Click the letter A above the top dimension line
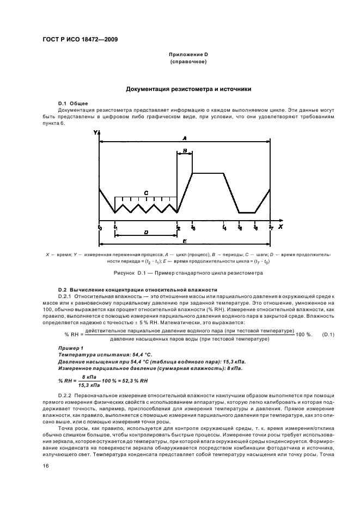(185, 138)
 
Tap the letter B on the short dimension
(185, 150)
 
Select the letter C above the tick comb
(146, 193)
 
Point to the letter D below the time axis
(146, 232)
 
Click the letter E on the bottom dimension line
(185, 240)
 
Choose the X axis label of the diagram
(280, 226)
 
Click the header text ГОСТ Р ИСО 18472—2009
(80, 40)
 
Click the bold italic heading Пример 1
(70, 348)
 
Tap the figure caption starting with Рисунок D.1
(188, 272)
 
